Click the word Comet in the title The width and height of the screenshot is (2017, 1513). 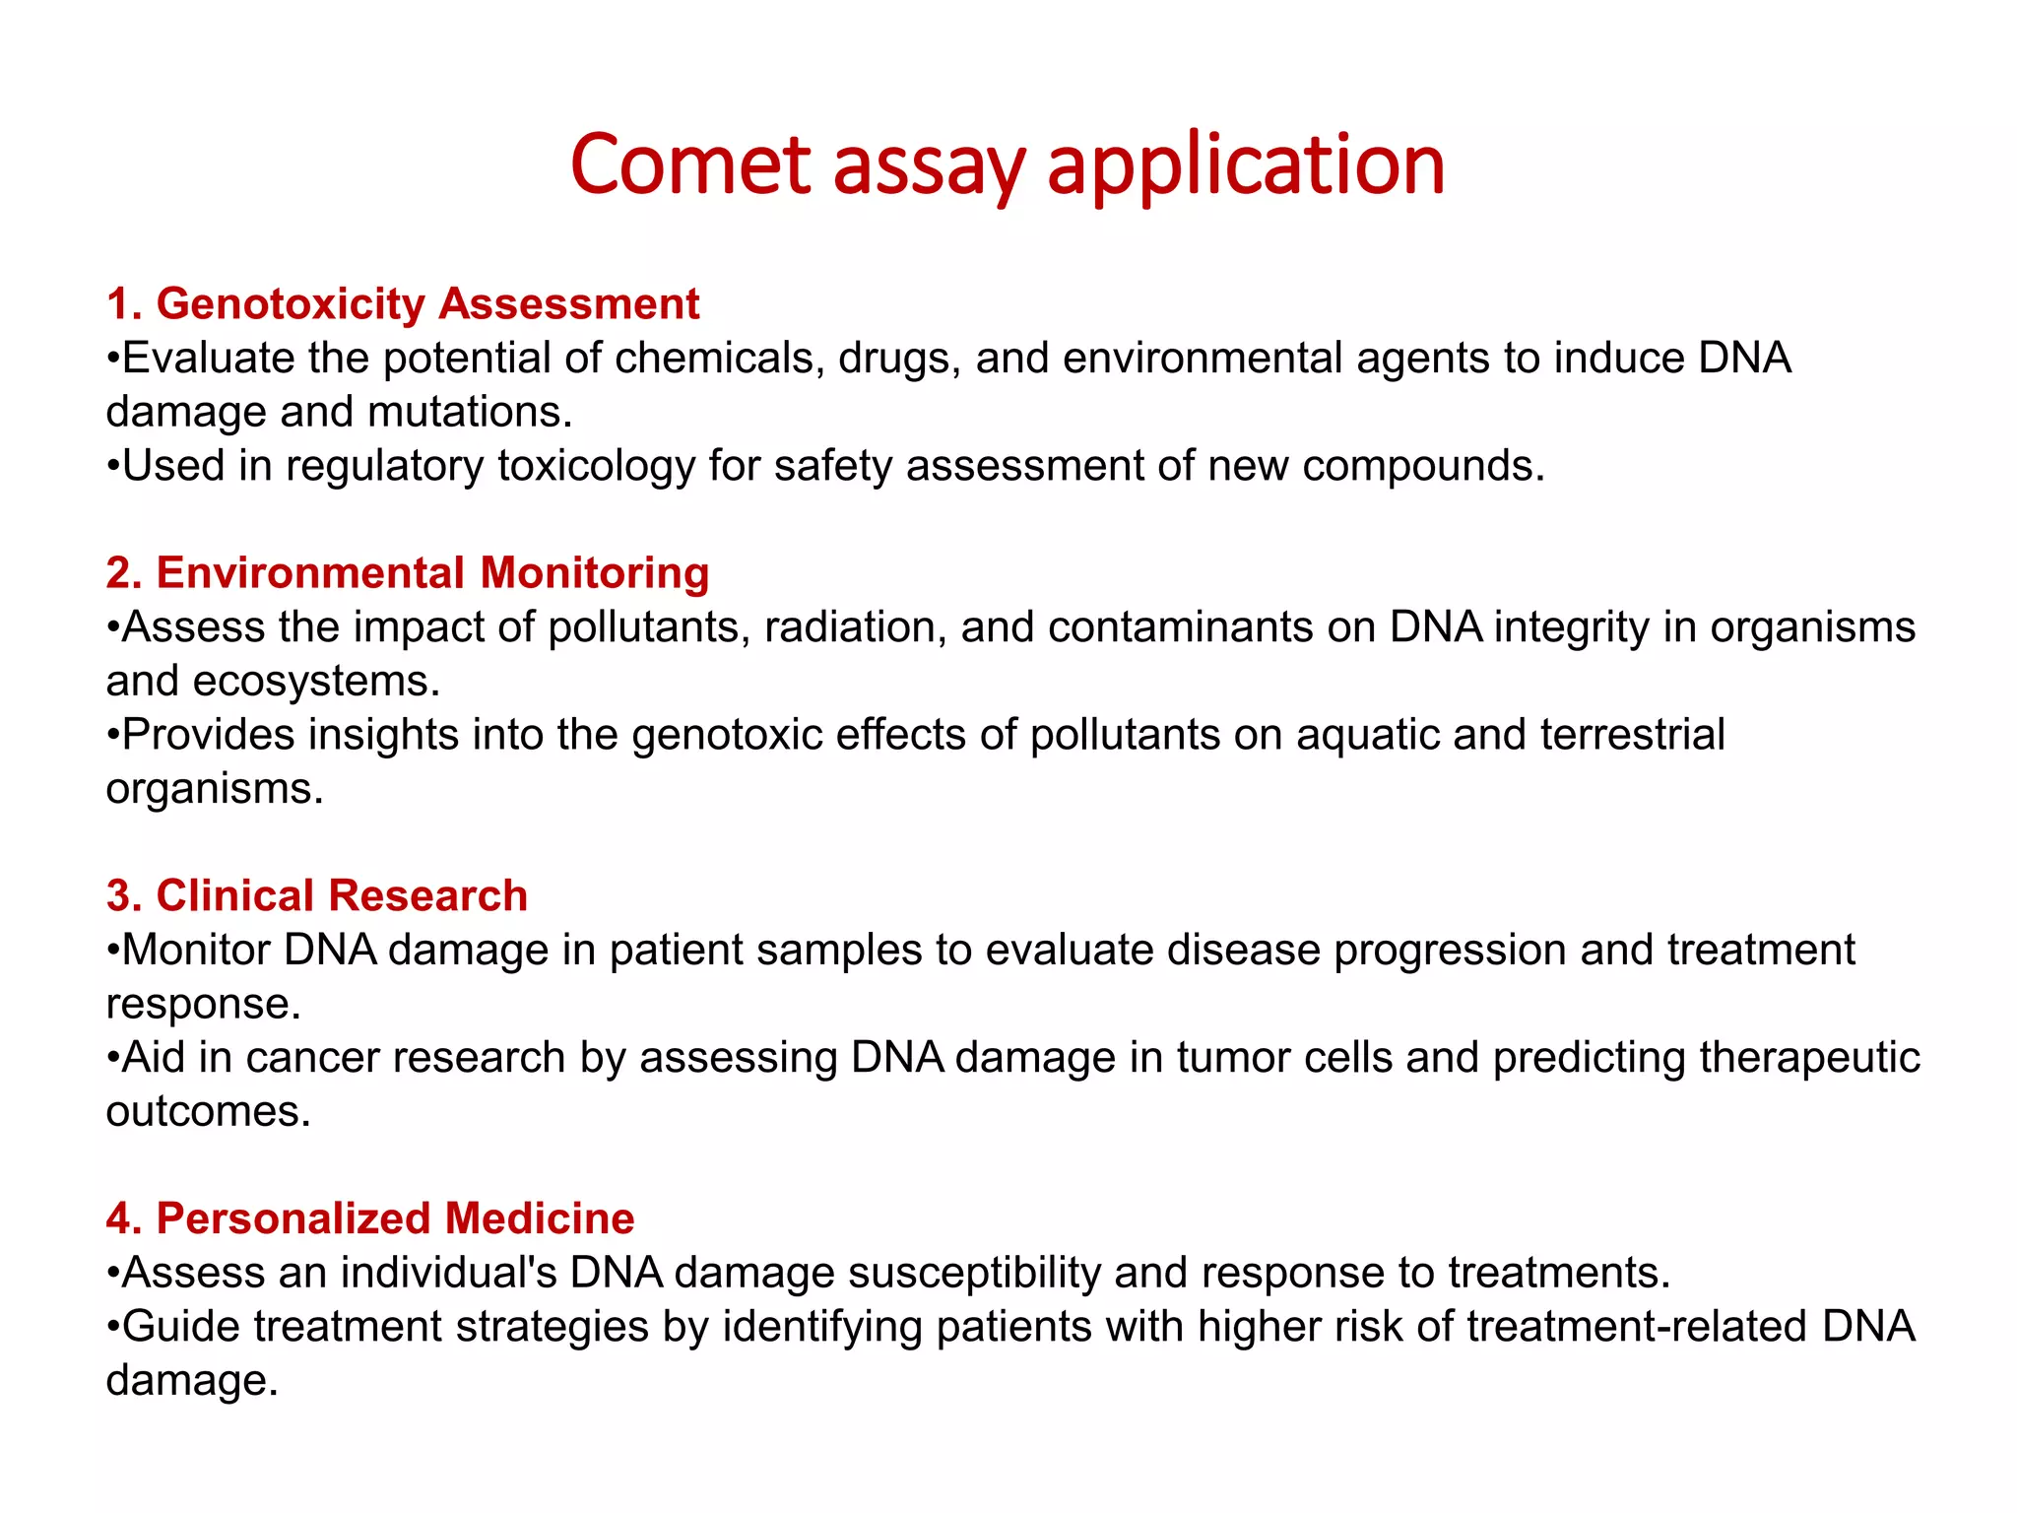(689, 165)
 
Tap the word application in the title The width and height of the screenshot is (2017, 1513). (1245, 165)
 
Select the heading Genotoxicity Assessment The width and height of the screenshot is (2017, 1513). (403, 303)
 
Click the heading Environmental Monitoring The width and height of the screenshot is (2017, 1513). (408, 572)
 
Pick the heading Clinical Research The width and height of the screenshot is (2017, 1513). (317, 895)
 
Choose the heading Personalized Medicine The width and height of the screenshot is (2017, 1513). (370, 1218)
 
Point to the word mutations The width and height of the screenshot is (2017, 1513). (470, 412)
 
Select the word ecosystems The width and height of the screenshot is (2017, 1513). (315, 682)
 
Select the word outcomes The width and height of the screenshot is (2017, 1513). (208, 1112)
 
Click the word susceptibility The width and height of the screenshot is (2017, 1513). (974, 1273)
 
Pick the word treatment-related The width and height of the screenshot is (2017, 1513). (1636, 1327)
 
